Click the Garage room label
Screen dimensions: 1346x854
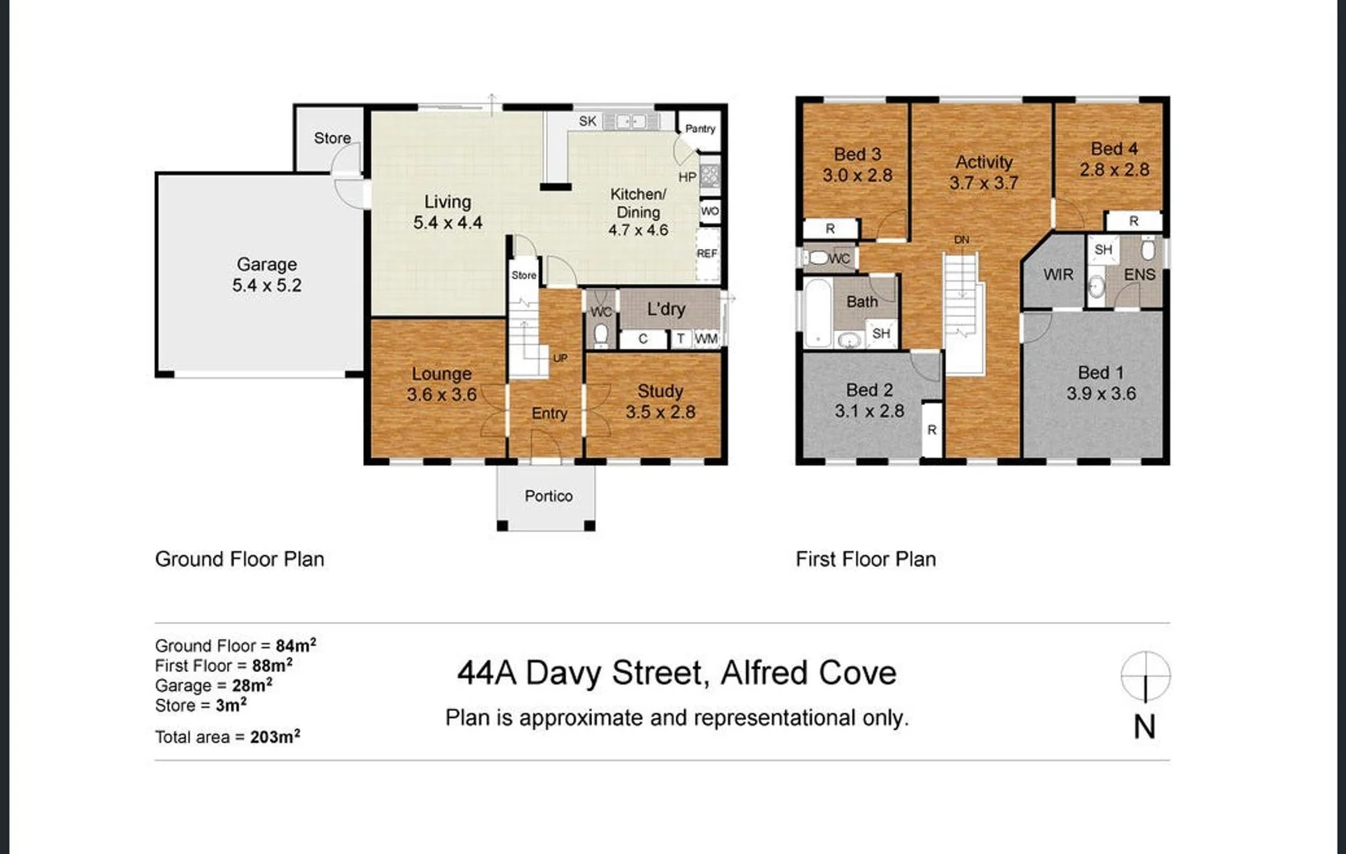coord(267,264)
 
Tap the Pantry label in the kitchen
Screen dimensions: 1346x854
coord(700,129)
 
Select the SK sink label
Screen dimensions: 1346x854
coord(588,121)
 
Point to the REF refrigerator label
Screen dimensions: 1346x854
coord(707,254)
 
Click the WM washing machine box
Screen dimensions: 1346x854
coord(706,339)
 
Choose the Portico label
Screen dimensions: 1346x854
coord(548,496)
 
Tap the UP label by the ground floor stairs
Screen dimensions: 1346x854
coord(560,358)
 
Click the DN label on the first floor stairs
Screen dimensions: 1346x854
coord(961,240)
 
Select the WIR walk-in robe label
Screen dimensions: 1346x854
coord(1058,274)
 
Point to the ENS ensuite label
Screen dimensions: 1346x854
coord(1139,274)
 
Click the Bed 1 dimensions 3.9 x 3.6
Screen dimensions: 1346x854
coord(1101,394)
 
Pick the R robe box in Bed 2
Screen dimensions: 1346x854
coord(932,430)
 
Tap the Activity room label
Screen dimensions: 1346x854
coord(984,162)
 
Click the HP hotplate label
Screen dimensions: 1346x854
coord(688,177)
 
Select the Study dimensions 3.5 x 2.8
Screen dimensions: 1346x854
coord(661,412)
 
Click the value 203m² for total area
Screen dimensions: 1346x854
coord(275,736)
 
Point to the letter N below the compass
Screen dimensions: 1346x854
coord(1145,727)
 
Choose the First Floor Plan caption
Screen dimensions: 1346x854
coord(866,559)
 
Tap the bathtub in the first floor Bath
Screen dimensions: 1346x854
coord(818,313)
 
